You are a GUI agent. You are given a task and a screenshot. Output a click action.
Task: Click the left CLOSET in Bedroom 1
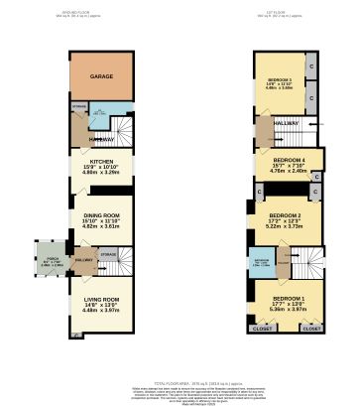[x=262, y=327]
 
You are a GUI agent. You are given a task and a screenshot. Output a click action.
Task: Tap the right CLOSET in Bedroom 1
[x=311, y=327]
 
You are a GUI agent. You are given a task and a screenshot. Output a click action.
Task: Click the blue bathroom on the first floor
[x=263, y=262]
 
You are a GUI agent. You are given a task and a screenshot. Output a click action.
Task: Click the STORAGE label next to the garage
[x=79, y=105]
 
